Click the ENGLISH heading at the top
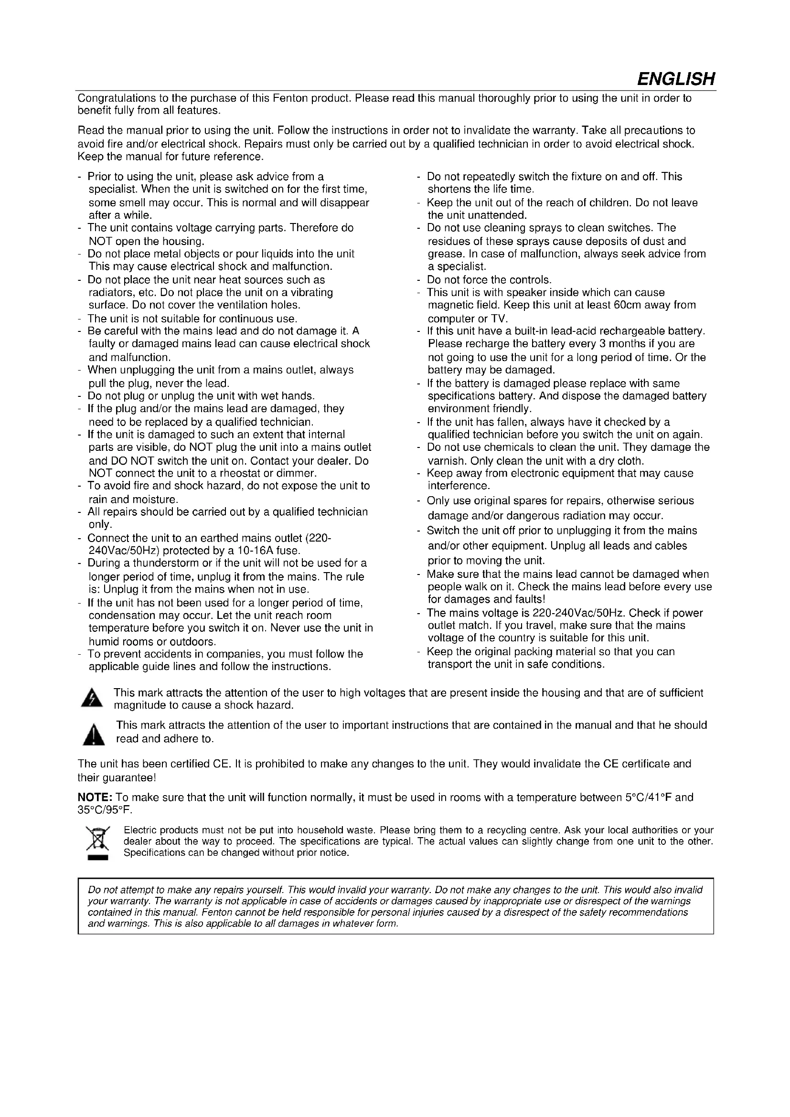point(676,78)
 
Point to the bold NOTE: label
point(96,798)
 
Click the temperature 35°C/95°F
point(105,810)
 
